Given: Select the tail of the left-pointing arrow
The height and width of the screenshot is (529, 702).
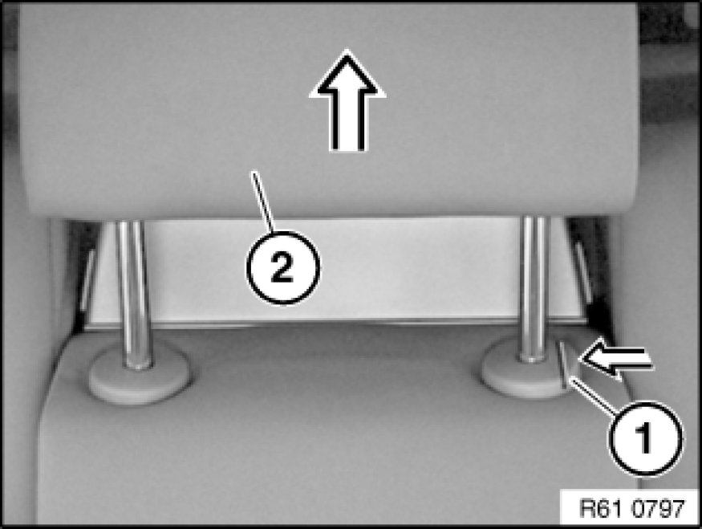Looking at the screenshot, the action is pos(635,360).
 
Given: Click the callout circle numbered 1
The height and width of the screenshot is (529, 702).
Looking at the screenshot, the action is pos(645,437).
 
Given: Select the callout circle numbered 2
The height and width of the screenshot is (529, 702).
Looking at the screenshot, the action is pos(283,267).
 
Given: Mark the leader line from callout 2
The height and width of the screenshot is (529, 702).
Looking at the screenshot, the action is pos(263,201).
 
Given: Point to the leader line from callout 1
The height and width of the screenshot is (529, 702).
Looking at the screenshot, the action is pos(593,394).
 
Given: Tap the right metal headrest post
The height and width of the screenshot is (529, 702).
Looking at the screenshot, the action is pos(534,289).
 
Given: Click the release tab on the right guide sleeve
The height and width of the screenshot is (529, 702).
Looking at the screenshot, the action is pos(566,360).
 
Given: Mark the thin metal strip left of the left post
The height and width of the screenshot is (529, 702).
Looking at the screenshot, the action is pos(87,280).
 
